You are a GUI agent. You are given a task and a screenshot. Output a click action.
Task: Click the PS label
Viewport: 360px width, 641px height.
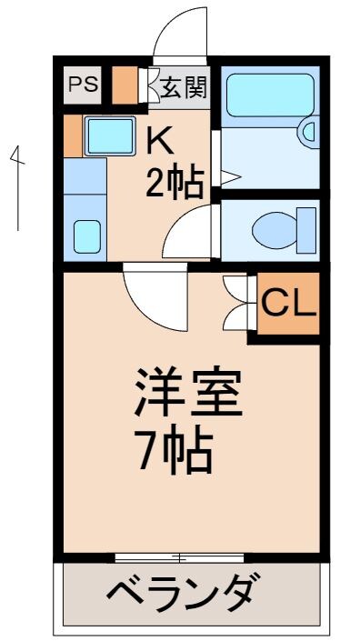(x=83, y=85)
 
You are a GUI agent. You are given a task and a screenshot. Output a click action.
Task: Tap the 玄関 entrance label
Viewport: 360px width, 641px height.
(x=185, y=87)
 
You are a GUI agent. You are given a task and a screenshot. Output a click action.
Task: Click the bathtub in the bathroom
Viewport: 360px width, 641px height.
(x=267, y=94)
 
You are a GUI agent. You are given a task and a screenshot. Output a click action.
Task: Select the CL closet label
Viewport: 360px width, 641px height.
(x=288, y=304)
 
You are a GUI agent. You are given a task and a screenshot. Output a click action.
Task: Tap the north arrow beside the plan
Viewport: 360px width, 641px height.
(x=16, y=186)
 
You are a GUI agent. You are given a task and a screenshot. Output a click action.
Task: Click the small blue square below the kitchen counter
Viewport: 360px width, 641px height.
(x=87, y=236)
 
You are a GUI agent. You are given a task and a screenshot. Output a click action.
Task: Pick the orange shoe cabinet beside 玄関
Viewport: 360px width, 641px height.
(x=125, y=85)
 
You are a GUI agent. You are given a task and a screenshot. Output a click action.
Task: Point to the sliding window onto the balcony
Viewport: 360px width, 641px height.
(x=180, y=556)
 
